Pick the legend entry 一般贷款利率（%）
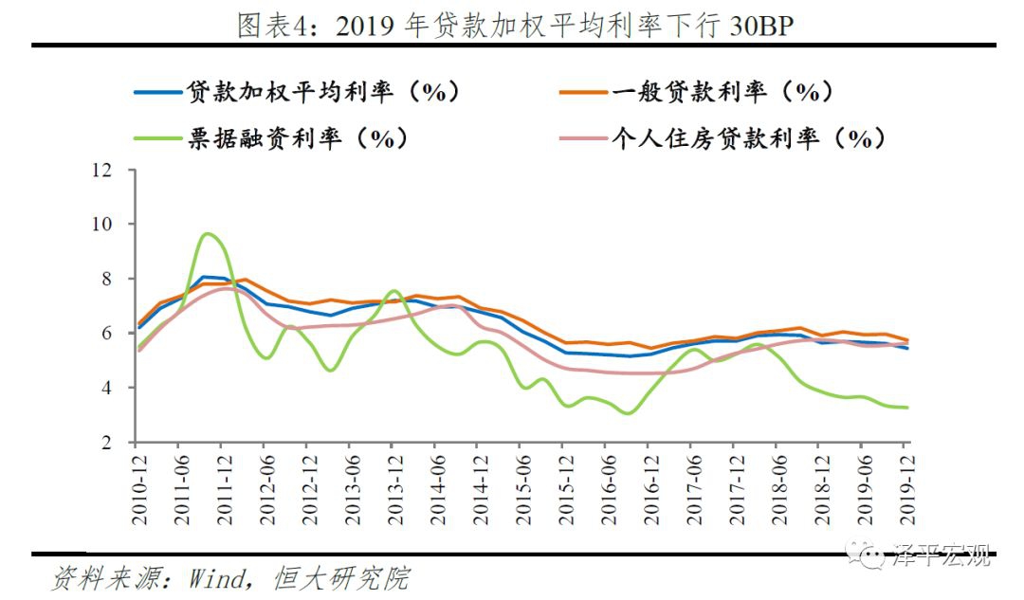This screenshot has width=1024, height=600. click(722, 92)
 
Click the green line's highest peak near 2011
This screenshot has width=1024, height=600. click(208, 233)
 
